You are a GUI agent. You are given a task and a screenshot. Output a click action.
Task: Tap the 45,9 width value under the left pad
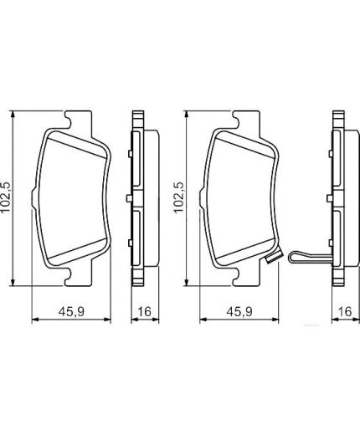click(x=68, y=311)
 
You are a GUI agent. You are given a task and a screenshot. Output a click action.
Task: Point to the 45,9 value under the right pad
click(x=239, y=311)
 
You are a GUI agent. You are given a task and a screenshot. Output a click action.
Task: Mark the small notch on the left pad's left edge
click(x=32, y=198)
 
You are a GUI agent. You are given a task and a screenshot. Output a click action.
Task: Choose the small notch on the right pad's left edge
click(x=202, y=198)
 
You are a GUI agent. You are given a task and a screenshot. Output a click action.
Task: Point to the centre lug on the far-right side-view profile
click(x=331, y=198)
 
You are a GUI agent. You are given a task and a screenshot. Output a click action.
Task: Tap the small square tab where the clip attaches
click(x=270, y=261)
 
